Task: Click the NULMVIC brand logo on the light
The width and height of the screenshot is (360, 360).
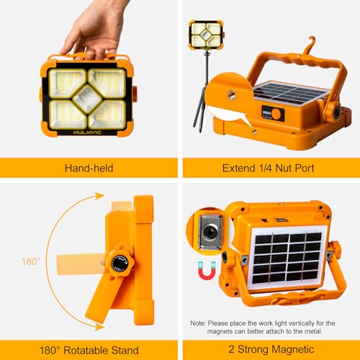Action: [88, 132]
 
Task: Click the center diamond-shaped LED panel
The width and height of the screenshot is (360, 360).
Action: [87, 99]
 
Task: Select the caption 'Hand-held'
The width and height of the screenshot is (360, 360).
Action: [89, 168]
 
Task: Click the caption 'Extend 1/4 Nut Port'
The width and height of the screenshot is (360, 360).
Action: [268, 168]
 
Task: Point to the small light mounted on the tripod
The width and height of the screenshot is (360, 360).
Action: [206, 35]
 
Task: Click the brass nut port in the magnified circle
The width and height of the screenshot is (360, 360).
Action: [232, 94]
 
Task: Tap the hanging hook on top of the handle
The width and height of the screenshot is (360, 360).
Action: [310, 45]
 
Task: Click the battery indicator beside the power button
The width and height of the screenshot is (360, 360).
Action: [266, 112]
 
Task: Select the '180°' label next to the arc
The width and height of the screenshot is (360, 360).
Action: [31, 261]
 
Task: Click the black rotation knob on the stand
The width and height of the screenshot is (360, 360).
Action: [120, 263]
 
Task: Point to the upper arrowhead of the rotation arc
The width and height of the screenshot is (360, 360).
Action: [99, 196]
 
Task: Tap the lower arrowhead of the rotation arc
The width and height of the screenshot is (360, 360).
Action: [99, 326]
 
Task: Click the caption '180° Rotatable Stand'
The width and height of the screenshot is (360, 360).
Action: [89, 350]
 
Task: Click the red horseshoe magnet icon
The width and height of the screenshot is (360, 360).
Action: [207, 271]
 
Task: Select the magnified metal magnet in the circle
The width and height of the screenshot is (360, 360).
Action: [211, 232]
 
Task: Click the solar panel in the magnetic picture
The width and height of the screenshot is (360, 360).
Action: [287, 258]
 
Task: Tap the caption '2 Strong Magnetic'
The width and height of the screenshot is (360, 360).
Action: [271, 349]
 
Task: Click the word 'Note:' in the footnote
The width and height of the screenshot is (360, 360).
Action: [198, 323]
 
